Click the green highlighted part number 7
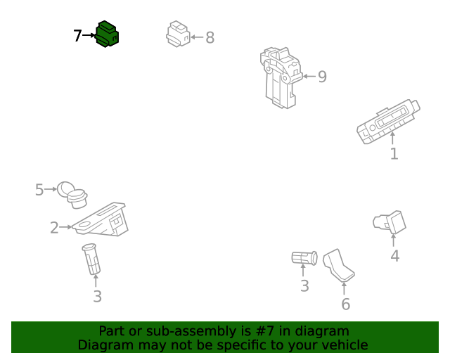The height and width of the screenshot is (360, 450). tap(107, 34)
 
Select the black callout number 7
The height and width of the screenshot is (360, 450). tap(77, 36)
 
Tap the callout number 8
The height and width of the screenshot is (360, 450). tap(210, 37)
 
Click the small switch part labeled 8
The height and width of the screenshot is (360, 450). tap(178, 34)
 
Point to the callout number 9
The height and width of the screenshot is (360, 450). tap(322, 77)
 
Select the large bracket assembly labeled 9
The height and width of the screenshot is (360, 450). tap(281, 78)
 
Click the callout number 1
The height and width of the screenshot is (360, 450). tap(394, 154)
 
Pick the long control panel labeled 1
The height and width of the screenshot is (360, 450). tap(388, 122)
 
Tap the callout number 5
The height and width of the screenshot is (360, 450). tap(39, 190)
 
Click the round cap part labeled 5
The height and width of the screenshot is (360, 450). tap(72, 195)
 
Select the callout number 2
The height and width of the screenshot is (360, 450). tap(54, 228)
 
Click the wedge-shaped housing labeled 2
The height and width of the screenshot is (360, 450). tap(101, 220)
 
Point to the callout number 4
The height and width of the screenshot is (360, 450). tap(395, 256)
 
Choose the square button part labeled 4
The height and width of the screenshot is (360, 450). tap(390, 222)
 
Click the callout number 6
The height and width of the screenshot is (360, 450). tap(346, 304)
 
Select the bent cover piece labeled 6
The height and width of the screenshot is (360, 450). tap(338, 264)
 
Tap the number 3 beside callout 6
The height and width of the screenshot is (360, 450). tap(304, 286)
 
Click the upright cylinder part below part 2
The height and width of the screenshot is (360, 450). tap(91, 259)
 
